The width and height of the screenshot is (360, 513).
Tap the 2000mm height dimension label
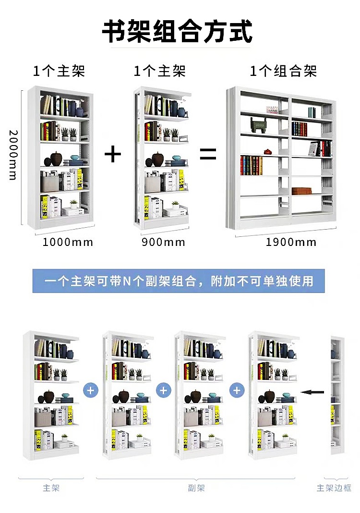click(13, 155)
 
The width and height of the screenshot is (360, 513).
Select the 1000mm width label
click(68, 242)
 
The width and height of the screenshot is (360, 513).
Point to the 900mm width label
click(163, 242)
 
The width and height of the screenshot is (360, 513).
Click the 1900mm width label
click(291, 242)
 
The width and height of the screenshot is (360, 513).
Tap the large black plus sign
click(113, 154)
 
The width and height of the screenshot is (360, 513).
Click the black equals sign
click(208, 154)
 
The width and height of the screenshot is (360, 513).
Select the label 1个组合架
click(283, 72)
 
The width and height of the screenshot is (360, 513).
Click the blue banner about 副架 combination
click(179, 281)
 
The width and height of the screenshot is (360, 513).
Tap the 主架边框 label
click(334, 488)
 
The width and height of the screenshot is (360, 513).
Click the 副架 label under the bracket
click(196, 488)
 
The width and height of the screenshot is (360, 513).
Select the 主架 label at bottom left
click(51, 488)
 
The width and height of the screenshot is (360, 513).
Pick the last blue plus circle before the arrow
click(236, 390)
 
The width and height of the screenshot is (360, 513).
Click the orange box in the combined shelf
click(301, 191)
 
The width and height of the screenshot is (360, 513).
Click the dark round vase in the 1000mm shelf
click(57, 159)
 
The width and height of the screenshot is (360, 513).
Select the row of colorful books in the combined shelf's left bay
click(252, 165)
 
